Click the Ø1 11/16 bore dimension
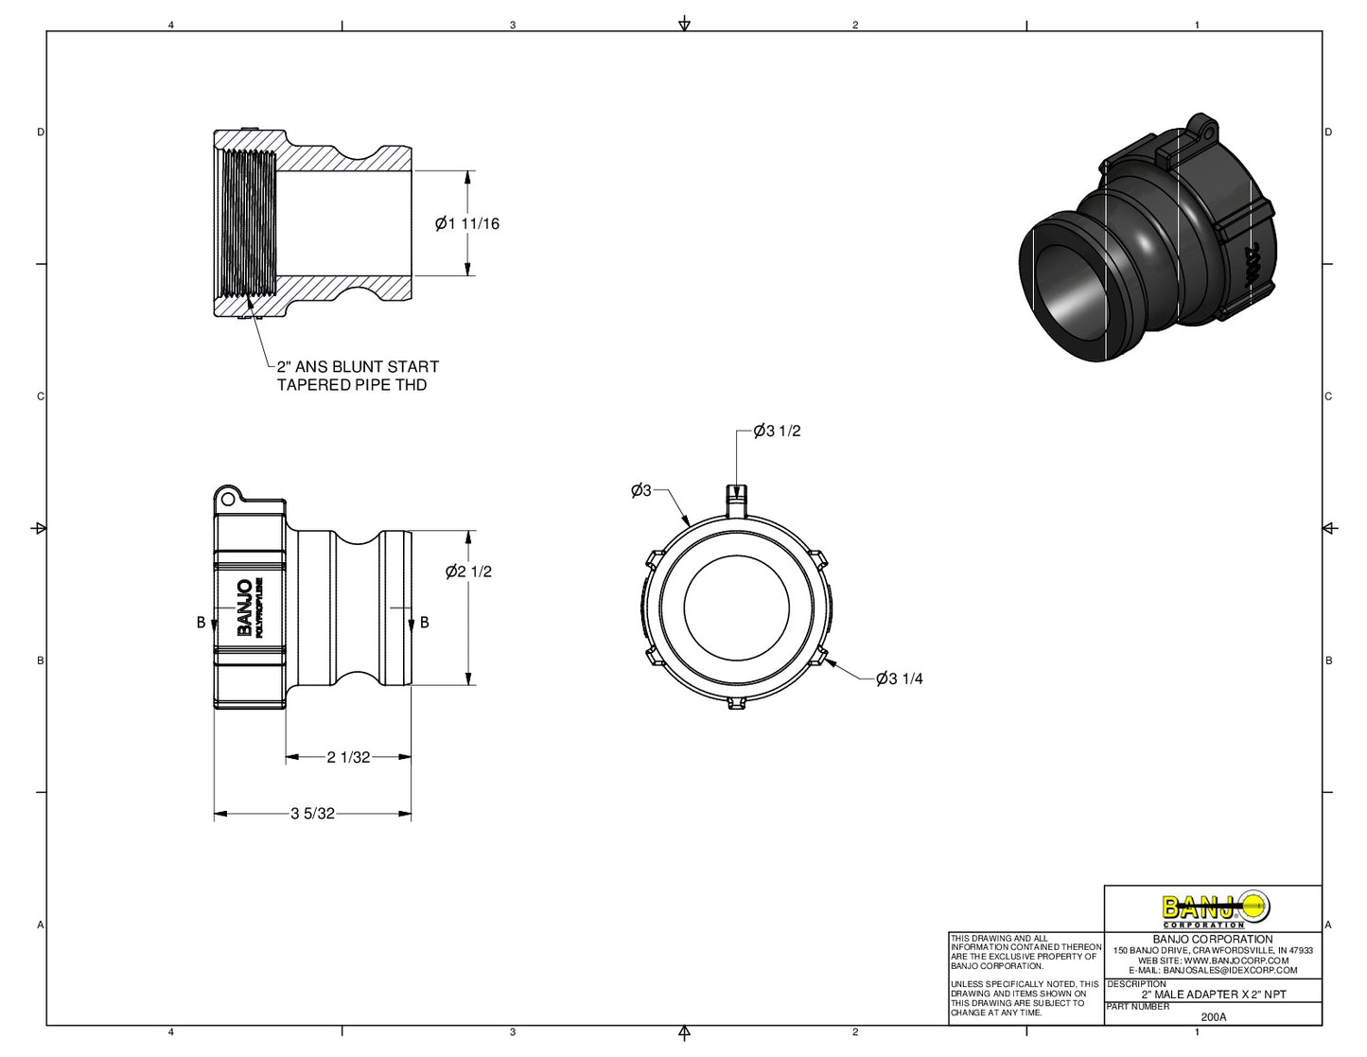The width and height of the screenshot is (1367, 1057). pos(467,224)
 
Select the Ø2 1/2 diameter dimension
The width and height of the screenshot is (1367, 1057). pos(469,572)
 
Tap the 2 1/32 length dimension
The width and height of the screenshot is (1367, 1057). pos(348,757)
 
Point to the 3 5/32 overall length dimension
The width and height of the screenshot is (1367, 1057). pos(313,814)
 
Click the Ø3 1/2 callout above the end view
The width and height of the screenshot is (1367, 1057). pos(778,432)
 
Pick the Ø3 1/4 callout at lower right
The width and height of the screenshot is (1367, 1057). pos(900,678)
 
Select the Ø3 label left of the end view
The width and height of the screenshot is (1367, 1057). pos(641,490)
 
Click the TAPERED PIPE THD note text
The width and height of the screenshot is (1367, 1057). pos(351,385)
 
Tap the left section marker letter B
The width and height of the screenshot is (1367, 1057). pos(201,622)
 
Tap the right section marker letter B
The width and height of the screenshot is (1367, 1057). pos(425,622)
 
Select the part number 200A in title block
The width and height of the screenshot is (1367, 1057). pos(1213,1017)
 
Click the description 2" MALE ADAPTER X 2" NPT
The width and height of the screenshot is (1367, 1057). pos(1214,995)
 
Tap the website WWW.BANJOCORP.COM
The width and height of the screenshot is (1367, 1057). pos(1213,960)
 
